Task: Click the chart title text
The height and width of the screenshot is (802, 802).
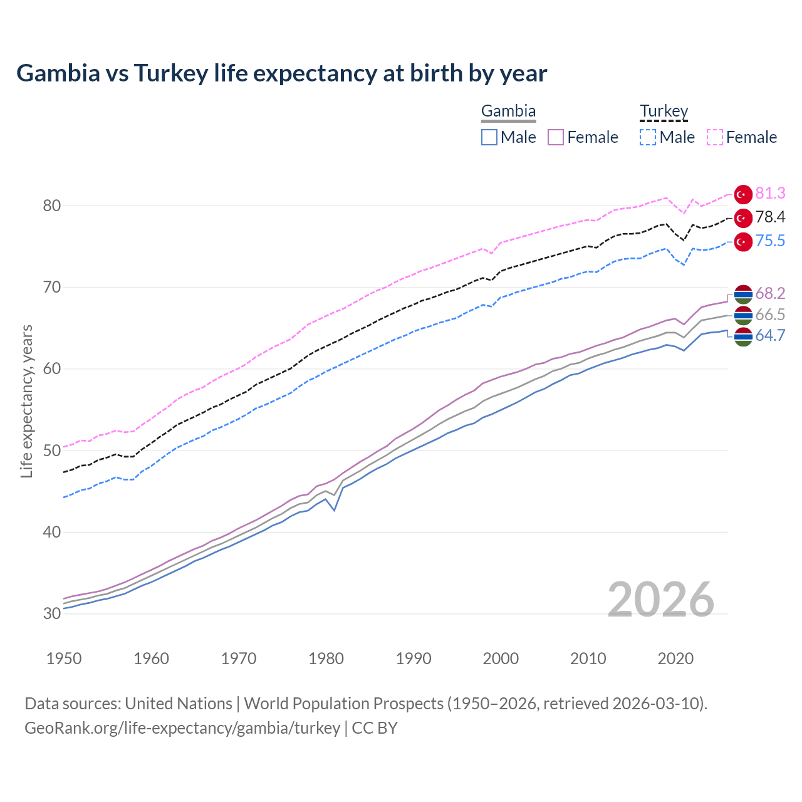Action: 281,73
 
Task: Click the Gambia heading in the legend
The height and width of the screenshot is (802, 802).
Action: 508,112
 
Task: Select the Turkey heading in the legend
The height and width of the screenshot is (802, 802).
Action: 664,112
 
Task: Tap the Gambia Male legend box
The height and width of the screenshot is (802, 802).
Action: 489,137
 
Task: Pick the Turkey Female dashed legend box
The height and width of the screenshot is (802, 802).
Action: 715,137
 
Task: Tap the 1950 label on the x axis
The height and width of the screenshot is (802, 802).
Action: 64,659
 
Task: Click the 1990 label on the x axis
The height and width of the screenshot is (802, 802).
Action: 414,659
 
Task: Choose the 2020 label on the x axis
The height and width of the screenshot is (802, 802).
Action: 675,659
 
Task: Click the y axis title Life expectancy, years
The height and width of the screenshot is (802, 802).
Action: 26,401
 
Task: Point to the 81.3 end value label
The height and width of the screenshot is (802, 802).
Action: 770,194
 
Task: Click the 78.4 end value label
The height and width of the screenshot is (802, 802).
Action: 770,217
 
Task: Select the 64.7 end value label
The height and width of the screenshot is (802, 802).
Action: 770,336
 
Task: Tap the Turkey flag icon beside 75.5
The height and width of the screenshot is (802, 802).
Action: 743,242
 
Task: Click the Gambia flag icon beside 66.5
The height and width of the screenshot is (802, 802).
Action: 743,315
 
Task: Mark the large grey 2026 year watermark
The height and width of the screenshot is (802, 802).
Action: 661,600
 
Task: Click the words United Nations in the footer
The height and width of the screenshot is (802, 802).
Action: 179,704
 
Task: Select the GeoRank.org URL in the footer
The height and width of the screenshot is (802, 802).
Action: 182,728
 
